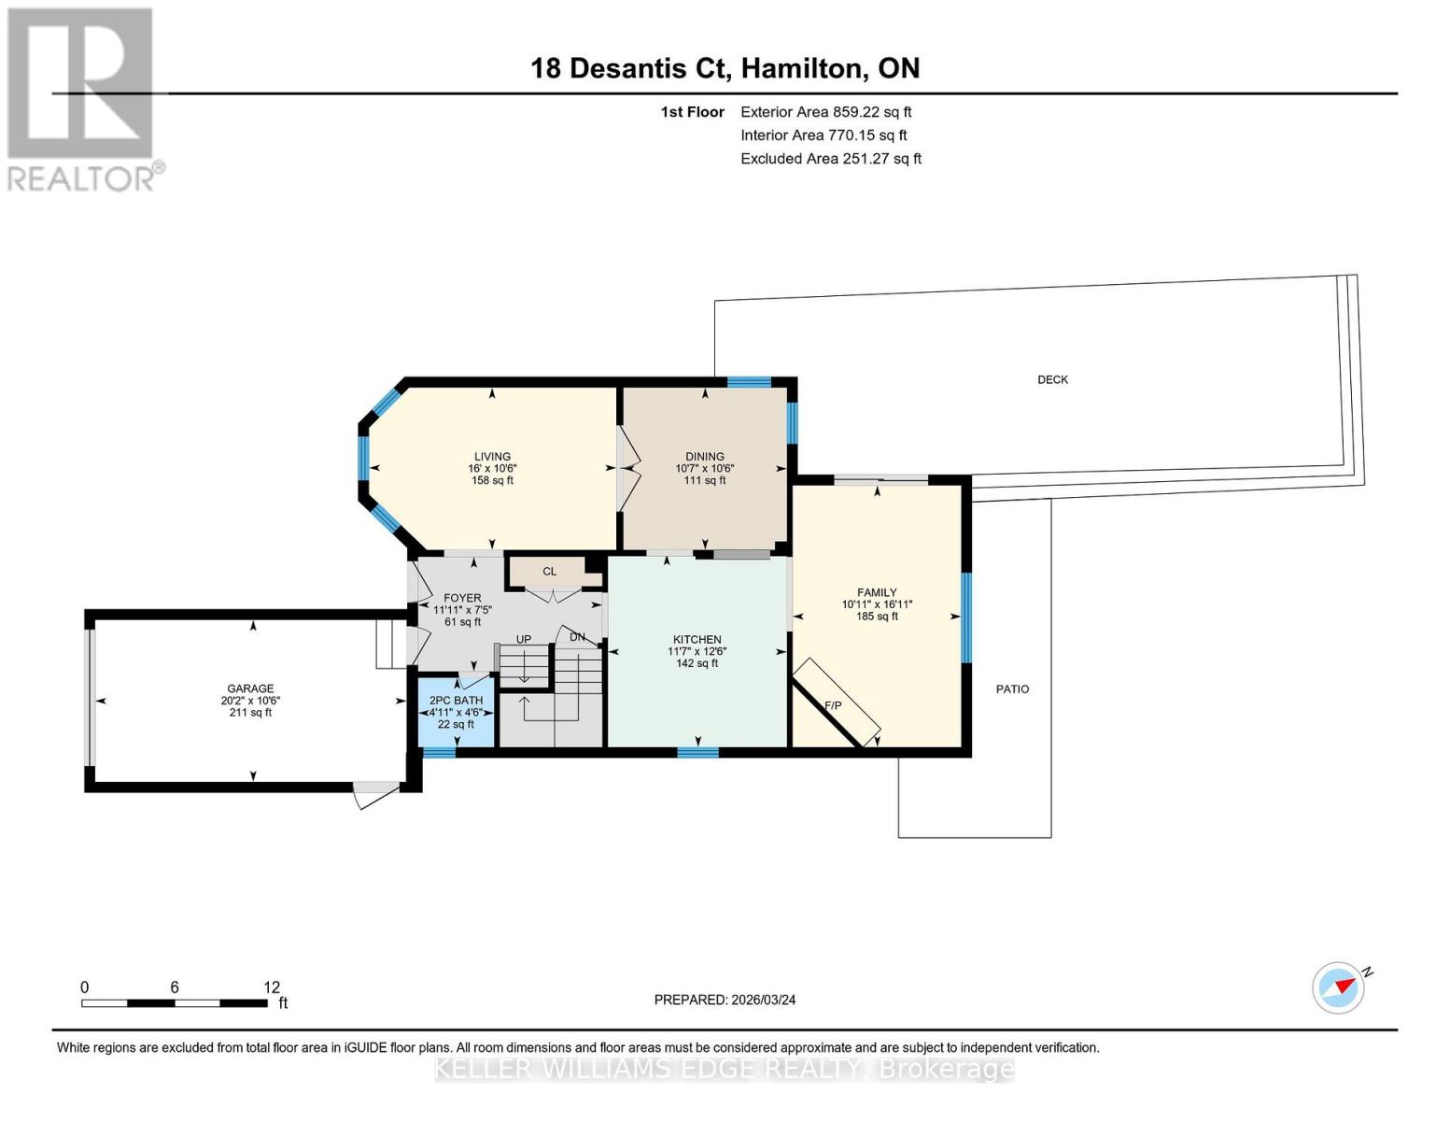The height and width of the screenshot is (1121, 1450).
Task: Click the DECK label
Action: tap(1052, 379)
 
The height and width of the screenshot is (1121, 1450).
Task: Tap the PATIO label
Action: tap(1012, 688)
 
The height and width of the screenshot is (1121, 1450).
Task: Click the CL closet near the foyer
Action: tap(549, 571)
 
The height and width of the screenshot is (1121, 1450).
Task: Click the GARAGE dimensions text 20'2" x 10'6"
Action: tap(250, 701)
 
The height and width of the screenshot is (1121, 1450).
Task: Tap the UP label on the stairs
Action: tap(524, 640)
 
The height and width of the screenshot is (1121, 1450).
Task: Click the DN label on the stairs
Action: tap(577, 637)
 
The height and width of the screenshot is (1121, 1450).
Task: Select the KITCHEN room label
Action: tap(697, 640)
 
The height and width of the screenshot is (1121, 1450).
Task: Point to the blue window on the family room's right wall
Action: tap(966, 617)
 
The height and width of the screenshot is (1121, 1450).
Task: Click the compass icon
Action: tap(1339, 987)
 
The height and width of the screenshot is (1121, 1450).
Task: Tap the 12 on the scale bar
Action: tap(272, 987)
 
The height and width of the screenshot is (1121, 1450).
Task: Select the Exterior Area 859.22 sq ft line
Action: tap(825, 112)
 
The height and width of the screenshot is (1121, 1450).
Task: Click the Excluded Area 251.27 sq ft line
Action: tap(830, 159)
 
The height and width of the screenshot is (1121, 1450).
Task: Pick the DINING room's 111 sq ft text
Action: tap(704, 480)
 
